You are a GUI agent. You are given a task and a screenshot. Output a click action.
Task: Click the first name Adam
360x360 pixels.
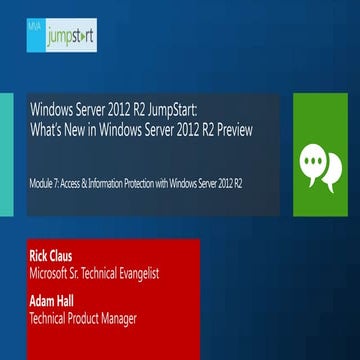[46, 298]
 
